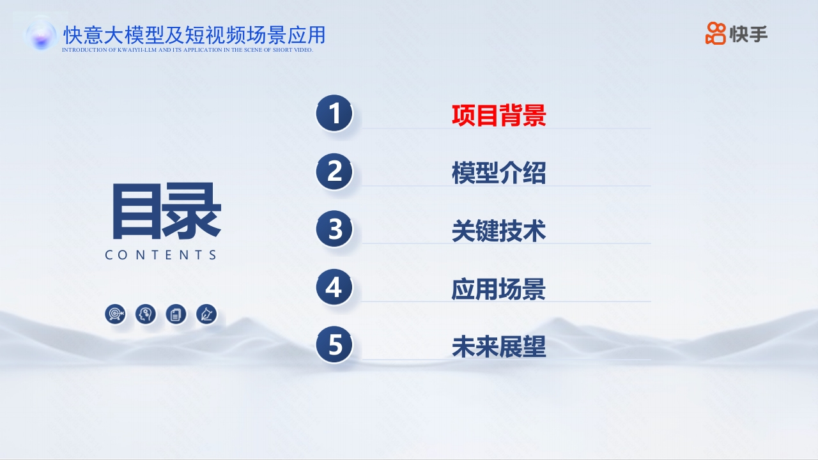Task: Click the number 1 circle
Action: [x=334, y=113]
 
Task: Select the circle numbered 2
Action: [x=334, y=171]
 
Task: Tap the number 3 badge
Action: [x=334, y=229]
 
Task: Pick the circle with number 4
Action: [x=334, y=287]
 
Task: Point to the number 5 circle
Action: [x=334, y=344]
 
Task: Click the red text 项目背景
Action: [x=499, y=116]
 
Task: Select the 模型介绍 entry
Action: [x=499, y=172]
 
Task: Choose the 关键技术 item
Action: [x=499, y=231]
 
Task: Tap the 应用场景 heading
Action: [x=499, y=289]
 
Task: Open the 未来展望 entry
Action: [x=499, y=346]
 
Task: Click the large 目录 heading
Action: [x=167, y=211]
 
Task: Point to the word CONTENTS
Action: [x=160, y=255]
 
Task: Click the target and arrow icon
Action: [x=116, y=314]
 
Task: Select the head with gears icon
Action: [x=145, y=314]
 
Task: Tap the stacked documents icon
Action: [x=176, y=314]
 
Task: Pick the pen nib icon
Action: [x=206, y=314]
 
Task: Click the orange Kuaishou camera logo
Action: [x=715, y=33]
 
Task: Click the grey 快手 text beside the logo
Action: [x=748, y=34]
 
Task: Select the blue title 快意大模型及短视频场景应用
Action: [x=194, y=35]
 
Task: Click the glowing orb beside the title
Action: [x=42, y=35]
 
